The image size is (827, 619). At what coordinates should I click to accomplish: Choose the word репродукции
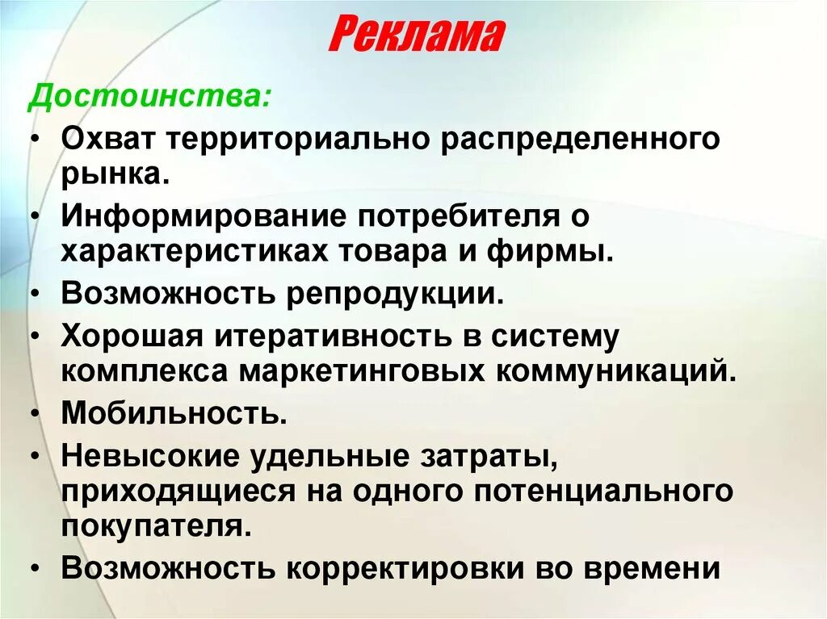pos(394,293)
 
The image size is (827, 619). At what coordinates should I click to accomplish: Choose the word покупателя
pos(152,527)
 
